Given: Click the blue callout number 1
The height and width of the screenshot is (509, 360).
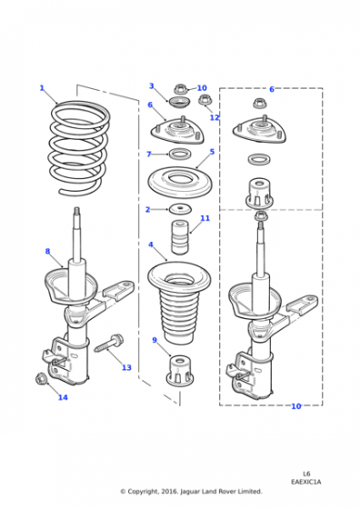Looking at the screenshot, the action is coord(42,88).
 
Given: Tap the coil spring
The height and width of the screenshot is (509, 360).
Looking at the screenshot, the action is coord(55,147).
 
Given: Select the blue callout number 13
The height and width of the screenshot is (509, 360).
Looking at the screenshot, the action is coord(126,367).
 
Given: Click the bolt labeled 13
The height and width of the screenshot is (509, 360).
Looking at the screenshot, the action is coord(109,344).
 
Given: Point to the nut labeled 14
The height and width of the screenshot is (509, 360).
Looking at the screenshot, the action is coord(41,378).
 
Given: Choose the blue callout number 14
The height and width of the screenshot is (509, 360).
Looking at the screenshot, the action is coord(63,397).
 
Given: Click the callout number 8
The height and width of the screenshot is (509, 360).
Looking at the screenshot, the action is coord(47,251).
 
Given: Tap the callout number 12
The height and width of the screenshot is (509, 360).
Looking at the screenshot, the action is coord(215,117).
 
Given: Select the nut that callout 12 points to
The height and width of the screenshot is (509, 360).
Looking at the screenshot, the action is coord(205,100).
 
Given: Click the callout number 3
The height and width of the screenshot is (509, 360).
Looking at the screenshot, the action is coord(151,86).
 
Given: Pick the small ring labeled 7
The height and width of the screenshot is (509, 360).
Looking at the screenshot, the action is coord(180,154).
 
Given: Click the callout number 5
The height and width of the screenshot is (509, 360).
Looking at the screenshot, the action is coord(212,152).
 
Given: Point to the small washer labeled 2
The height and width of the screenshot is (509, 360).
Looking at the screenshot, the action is coord(180,209).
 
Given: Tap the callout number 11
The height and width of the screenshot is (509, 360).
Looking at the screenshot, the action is coord(205,218).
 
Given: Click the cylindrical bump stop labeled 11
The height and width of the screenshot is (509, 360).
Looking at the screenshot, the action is coord(180,237).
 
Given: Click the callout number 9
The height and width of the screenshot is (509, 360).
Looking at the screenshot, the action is coord(155,340).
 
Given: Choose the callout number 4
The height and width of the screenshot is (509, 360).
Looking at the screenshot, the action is coord(151,245).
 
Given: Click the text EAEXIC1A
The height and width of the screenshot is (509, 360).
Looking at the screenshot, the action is coord(305,482).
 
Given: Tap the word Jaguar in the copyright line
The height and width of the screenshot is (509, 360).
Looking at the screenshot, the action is coord(190,492).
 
